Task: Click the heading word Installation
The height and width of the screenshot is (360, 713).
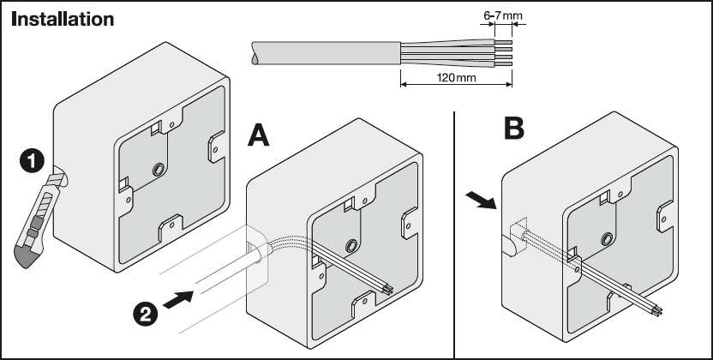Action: [x=62, y=19]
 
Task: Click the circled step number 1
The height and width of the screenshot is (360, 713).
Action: [x=31, y=159]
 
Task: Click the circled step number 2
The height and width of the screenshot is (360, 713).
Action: [x=145, y=313]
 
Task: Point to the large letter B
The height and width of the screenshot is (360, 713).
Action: [x=513, y=129]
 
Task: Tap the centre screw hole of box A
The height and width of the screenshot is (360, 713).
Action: [x=351, y=247]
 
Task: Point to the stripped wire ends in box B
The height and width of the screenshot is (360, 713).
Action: [x=656, y=310]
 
